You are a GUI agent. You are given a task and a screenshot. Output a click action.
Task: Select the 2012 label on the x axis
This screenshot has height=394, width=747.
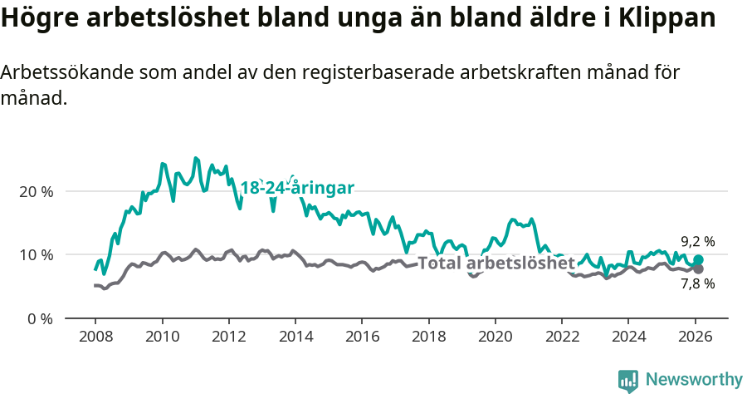228,337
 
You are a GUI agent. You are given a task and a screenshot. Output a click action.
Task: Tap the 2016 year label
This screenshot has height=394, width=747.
362,337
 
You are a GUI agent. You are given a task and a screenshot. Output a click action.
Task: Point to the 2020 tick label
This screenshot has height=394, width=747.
496,337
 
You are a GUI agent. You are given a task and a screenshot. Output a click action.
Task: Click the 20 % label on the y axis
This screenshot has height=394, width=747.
36,191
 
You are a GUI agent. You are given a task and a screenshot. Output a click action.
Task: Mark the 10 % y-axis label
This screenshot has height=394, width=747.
36,254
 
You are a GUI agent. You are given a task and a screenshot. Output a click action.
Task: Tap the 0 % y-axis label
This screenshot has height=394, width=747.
39,318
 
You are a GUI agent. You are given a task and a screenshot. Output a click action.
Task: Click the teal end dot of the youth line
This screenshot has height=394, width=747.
698,260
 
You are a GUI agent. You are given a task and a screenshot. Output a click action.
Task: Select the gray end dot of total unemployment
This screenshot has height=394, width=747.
698,269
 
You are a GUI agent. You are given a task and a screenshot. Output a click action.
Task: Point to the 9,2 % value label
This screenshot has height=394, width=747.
698,242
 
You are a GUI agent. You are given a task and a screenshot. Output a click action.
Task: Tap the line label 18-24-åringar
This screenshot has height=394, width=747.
297,188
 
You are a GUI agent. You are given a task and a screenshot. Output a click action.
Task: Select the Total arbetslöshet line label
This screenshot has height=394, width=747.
496,263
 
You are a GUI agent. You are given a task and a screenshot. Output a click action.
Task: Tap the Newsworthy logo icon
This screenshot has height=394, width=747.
628,381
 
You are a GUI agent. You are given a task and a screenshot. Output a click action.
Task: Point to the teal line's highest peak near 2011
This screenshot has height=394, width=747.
195,158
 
